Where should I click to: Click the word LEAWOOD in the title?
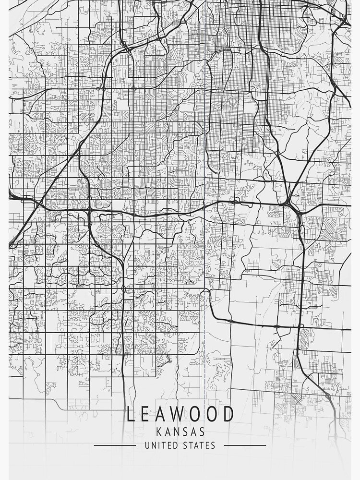coord(180,414)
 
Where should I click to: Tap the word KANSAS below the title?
coord(180,432)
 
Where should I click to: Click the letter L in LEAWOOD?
coord(131,414)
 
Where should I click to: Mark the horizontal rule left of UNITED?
coord(115,445)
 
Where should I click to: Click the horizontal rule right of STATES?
coord(245,445)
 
